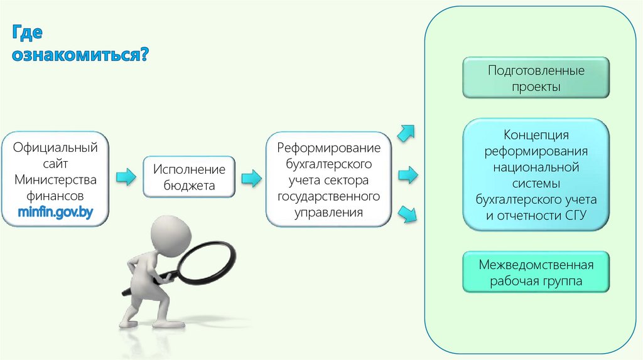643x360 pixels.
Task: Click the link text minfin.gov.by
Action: pos(55,212)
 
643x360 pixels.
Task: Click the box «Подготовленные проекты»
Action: pos(536,78)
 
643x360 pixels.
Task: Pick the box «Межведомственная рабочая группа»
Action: pos(536,272)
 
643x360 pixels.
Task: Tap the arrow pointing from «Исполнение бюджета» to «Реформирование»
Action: pos(251,177)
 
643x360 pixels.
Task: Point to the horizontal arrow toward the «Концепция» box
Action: pos(408,175)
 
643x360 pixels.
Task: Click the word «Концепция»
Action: pos(536,135)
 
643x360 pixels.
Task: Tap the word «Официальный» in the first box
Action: pos(55,149)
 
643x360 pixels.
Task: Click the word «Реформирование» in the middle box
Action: pos(329,149)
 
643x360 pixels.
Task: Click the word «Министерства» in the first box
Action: pos(55,180)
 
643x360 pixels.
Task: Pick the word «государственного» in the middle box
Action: pos(329,196)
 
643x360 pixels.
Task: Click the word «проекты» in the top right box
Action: pos(536,87)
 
